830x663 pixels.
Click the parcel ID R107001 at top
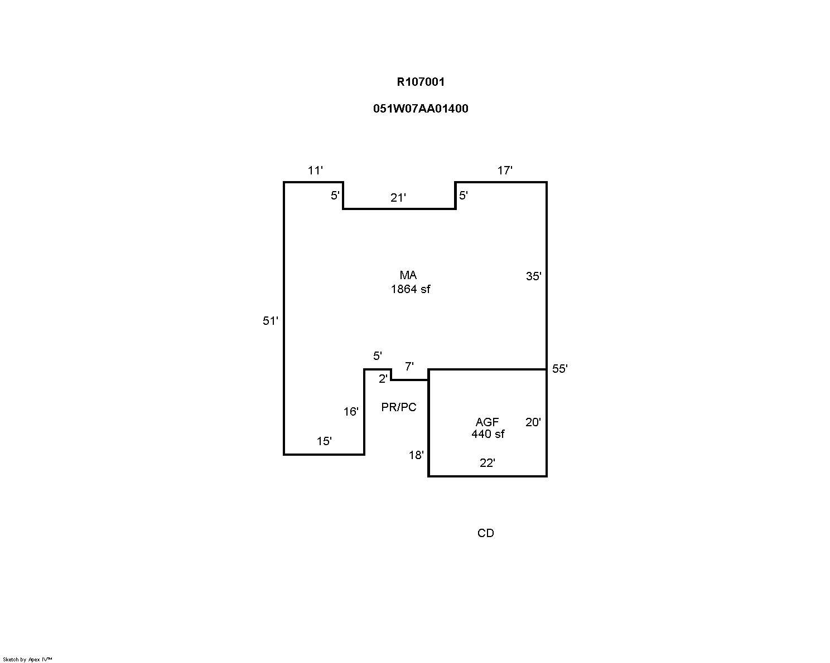point(421,82)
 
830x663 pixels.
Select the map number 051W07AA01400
point(421,109)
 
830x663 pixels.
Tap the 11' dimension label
point(315,170)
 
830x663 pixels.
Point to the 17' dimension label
point(505,170)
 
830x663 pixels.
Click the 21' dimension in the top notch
point(398,197)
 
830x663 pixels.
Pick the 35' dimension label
point(534,276)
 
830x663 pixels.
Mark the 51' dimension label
point(271,321)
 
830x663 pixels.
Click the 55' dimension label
point(560,369)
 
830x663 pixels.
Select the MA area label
point(408,275)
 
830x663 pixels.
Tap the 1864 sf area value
point(411,289)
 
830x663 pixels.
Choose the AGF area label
point(487,422)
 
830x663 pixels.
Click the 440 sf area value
point(488,434)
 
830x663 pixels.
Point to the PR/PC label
point(399,407)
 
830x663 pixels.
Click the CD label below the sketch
point(486,533)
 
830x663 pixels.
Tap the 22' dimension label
point(488,463)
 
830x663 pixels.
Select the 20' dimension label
point(533,422)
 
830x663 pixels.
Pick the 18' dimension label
point(416,455)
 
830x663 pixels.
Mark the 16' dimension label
point(351,412)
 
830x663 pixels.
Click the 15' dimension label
point(324,441)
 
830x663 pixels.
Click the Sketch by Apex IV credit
point(27,659)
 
